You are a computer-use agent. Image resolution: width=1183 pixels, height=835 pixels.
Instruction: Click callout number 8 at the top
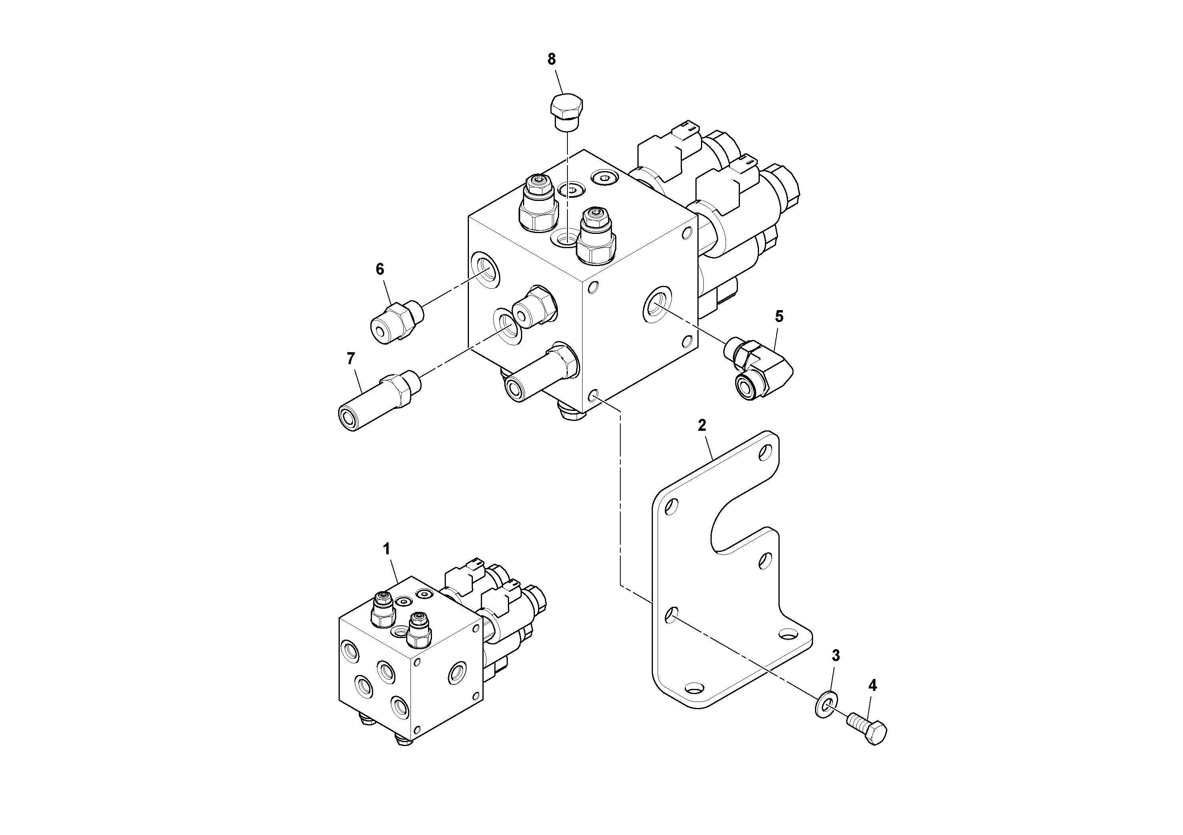coord(551,60)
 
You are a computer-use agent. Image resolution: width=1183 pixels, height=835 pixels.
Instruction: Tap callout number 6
coord(380,269)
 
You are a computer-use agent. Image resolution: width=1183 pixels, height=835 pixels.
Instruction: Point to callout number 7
coord(351,358)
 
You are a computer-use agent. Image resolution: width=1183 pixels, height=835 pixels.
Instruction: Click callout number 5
coord(779,316)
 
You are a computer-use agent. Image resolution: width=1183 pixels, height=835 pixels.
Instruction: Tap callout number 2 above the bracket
coord(702,425)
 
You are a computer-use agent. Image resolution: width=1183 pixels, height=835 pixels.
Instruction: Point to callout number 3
coord(836,656)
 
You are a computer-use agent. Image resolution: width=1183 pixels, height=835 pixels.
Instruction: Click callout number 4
coord(872,685)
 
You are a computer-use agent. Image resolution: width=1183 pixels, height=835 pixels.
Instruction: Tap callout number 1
coord(386,549)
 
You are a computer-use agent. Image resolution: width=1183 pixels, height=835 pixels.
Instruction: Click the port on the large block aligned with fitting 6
coord(485,269)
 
